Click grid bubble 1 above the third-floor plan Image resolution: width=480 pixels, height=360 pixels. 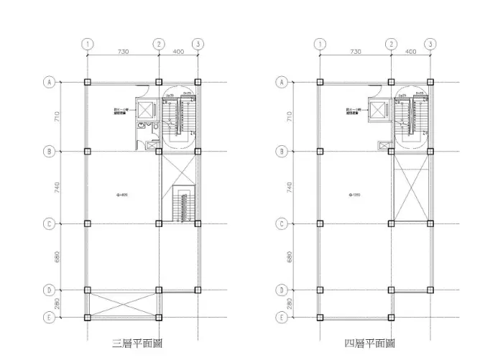pyautogui.click(x=87, y=44)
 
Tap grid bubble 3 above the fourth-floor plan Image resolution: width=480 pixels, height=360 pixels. pyautogui.click(x=430, y=44)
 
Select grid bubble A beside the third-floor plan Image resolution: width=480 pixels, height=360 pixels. pyautogui.click(x=50, y=82)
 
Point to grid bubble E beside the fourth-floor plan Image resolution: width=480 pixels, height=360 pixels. pyautogui.click(x=282, y=317)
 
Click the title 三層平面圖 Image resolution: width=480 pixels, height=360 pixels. pyautogui.click(x=137, y=343)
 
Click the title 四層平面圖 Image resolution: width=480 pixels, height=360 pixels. pyautogui.click(x=369, y=343)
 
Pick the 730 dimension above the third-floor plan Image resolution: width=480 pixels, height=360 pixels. pyautogui.click(x=123, y=52)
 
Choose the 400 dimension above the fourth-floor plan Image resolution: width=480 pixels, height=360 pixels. pyautogui.click(x=410, y=52)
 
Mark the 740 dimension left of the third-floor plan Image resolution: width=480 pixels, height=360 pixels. pyautogui.click(x=57, y=188)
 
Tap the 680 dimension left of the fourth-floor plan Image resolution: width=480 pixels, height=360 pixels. pyautogui.click(x=290, y=257)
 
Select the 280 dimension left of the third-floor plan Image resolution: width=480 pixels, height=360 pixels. pyautogui.click(x=57, y=304)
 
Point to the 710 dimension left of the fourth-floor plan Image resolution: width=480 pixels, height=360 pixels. pyautogui.click(x=290, y=116)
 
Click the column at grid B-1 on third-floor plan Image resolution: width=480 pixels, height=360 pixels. pyautogui.click(x=87, y=152)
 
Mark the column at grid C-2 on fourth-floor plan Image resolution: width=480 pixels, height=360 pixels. pyautogui.click(x=392, y=223)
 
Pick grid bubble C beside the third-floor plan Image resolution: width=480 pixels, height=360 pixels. pyautogui.click(x=50, y=223)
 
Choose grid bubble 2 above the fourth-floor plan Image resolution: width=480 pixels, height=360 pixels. pyautogui.click(x=391, y=44)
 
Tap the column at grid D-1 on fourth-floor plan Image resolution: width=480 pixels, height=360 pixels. pyautogui.click(x=319, y=290)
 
